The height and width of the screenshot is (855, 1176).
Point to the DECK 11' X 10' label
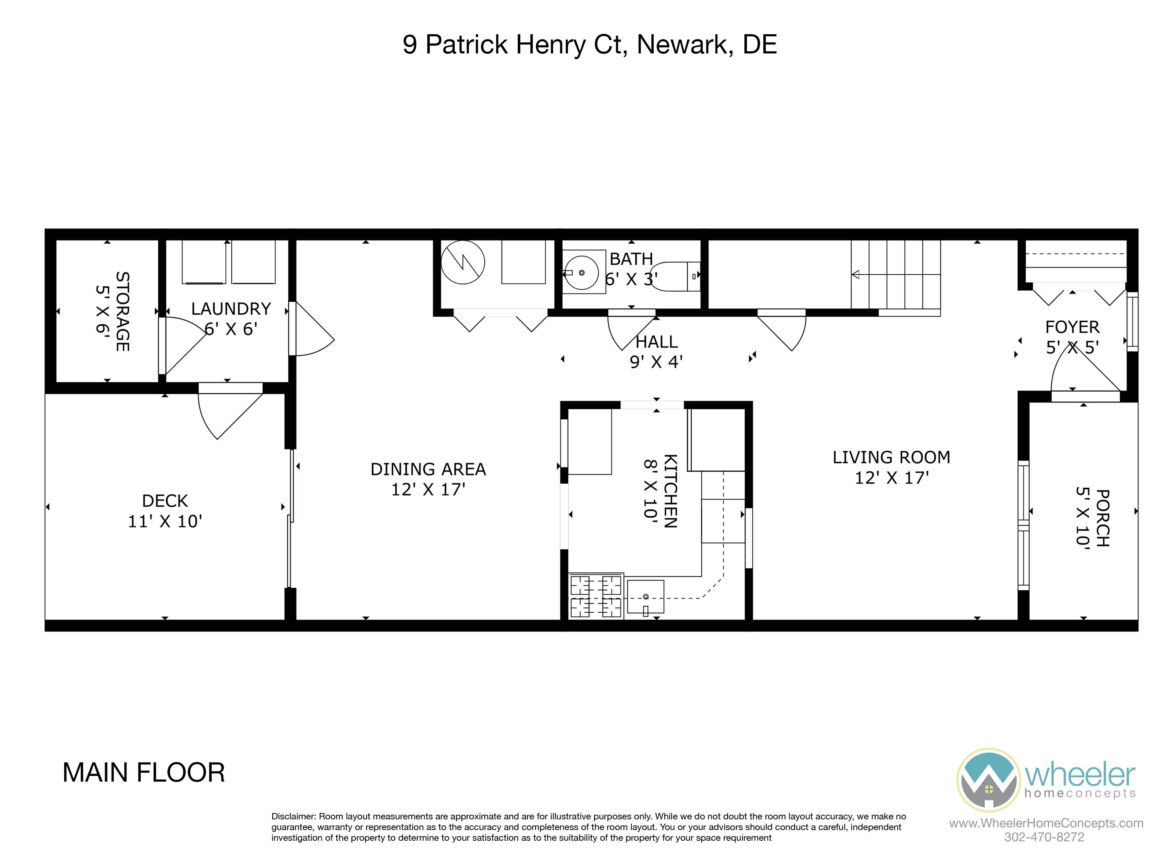(165, 511)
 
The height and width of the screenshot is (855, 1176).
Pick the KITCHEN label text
(670, 491)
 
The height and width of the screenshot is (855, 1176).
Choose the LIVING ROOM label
(891, 457)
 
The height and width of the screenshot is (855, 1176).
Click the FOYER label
(1072, 327)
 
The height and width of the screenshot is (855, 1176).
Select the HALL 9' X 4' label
(656, 352)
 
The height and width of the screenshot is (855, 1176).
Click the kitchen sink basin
(646, 596)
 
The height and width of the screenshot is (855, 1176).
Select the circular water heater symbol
(463, 262)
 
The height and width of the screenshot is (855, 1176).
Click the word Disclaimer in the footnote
(294, 816)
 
